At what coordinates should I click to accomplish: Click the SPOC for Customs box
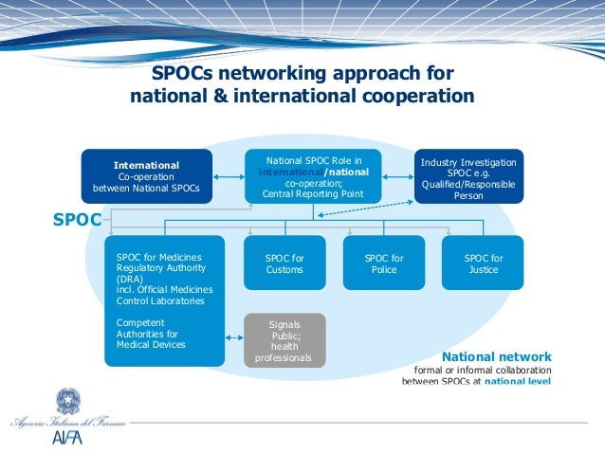[x=284, y=263]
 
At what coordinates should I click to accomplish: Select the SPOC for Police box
[x=383, y=263]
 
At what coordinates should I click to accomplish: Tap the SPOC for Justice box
[x=483, y=263]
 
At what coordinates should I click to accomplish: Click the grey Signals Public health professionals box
[x=284, y=341]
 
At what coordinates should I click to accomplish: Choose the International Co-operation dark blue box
[x=146, y=176]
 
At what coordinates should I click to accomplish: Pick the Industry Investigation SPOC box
[x=467, y=176]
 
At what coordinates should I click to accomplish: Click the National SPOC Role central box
[x=314, y=176]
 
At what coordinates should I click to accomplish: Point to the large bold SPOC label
[x=76, y=221]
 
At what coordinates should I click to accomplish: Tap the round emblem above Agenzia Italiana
[x=67, y=398]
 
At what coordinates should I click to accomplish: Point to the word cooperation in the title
[x=413, y=96]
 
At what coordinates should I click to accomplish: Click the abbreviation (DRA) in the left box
[x=130, y=279]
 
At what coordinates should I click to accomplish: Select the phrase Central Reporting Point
[x=314, y=194]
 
